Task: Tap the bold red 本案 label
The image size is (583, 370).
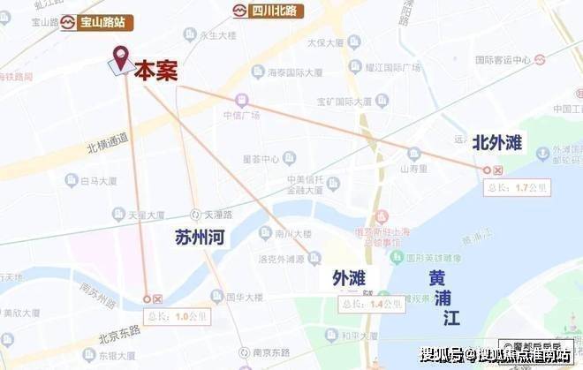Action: click(x=155, y=72)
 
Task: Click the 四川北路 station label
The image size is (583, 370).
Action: click(x=265, y=11)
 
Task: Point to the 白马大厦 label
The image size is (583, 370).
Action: click(x=94, y=180)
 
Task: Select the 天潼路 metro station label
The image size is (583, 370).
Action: click(x=216, y=214)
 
